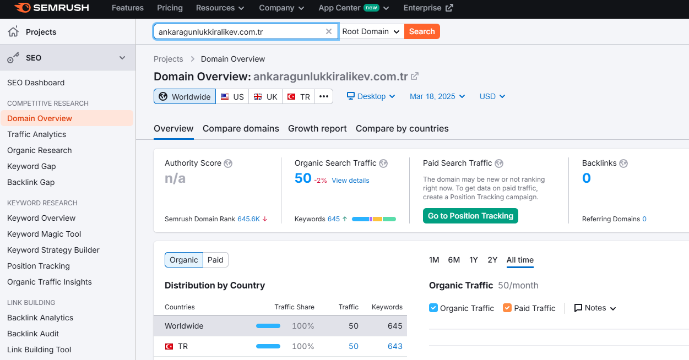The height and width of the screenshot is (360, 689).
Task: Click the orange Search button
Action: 422,31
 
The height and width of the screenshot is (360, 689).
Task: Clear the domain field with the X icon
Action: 328,31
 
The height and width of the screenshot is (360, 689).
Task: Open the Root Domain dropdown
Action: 371,31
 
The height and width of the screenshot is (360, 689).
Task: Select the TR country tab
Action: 299,96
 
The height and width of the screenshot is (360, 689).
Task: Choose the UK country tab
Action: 265,96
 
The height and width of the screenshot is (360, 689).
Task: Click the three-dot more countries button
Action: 324,96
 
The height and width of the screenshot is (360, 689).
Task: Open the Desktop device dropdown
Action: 371,96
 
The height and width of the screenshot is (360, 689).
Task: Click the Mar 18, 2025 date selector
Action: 437,96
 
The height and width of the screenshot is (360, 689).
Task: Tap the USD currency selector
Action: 492,96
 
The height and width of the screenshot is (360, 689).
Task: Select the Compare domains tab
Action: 241,128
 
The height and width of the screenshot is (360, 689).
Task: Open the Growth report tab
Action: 317,128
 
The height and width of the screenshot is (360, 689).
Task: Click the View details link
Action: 350,181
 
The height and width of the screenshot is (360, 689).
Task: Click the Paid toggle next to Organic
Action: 215,260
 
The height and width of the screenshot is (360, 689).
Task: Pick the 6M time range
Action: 454,260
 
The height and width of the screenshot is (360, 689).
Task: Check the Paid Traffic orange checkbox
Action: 507,308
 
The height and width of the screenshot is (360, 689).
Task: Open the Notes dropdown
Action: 595,308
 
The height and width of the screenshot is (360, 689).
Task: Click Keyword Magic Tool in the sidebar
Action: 44,234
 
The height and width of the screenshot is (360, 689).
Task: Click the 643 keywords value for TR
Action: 395,346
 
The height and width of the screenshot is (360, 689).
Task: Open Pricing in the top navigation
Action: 170,8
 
